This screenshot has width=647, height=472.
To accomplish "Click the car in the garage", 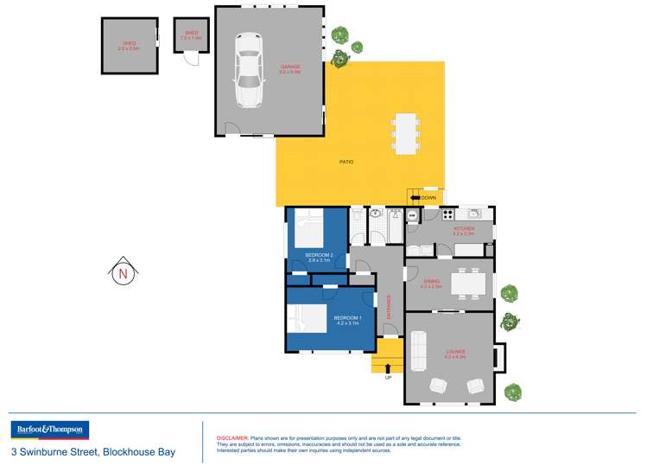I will [x=249, y=70].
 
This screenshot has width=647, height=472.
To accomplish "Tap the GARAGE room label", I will [x=289, y=68].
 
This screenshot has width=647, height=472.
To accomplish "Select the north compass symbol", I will [x=123, y=273].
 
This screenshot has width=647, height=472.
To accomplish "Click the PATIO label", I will [x=346, y=162].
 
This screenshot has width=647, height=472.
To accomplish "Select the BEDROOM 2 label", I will [x=319, y=254].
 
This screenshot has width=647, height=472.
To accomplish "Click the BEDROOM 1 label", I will [x=347, y=319].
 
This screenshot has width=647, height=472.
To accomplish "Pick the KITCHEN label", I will [x=464, y=229].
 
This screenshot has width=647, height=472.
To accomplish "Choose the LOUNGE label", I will [x=455, y=352].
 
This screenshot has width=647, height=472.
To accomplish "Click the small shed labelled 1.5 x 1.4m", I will [x=190, y=36].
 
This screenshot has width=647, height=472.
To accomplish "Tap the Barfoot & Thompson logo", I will [x=49, y=431].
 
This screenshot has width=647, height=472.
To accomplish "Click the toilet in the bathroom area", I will [x=357, y=214].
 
